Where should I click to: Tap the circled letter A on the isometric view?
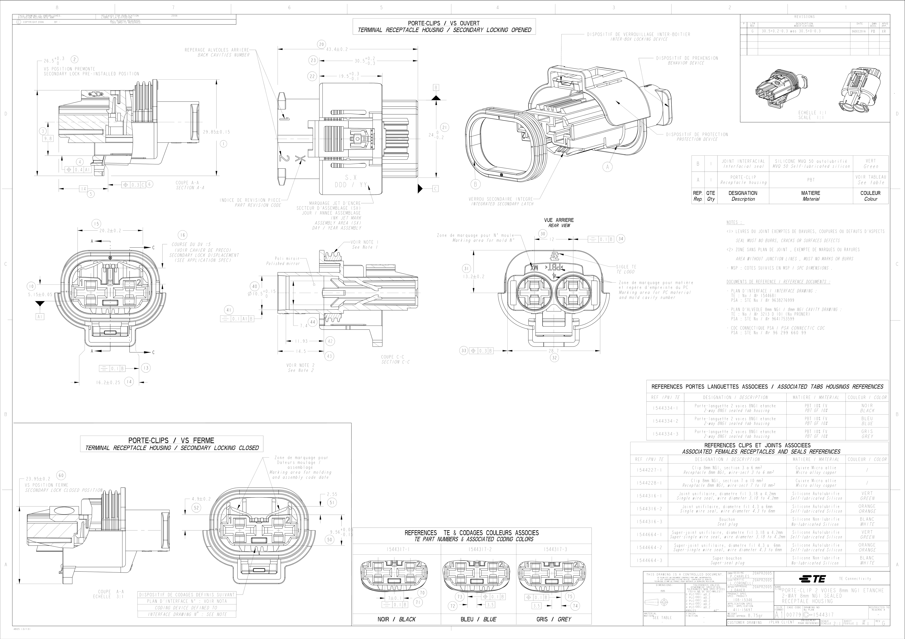click(607, 167)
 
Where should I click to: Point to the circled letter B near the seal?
click(475, 184)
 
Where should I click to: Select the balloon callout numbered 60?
click(61, 475)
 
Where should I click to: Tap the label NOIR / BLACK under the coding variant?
click(396, 619)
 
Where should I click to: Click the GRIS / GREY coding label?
click(553, 619)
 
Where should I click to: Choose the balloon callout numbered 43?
click(329, 356)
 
